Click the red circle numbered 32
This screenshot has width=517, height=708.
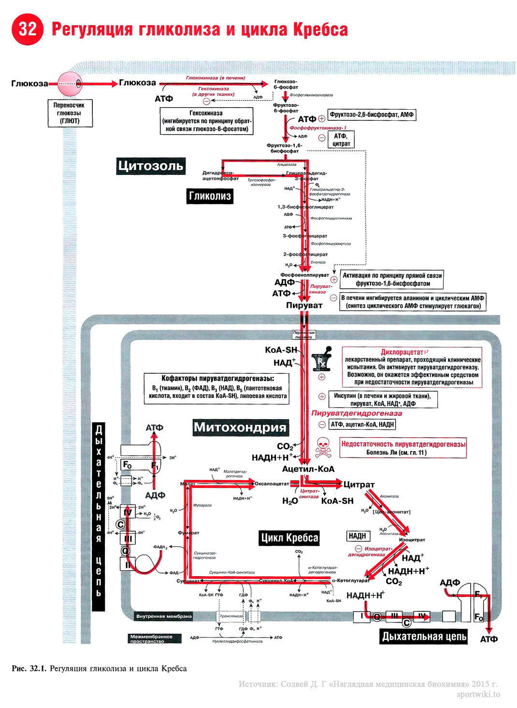pyautogui.click(x=28, y=29)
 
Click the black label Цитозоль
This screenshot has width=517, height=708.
pyautogui.click(x=151, y=166)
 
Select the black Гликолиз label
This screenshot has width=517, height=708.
pyautogui.click(x=210, y=196)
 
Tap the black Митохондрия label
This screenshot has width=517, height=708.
pyautogui.click(x=240, y=427)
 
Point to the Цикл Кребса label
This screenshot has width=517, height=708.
pyautogui.click(x=289, y=538)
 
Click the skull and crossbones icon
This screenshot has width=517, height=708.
pyautogui.click(x=323, y=448)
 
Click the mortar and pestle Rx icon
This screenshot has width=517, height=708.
pyautogui.click(x=321, y=359)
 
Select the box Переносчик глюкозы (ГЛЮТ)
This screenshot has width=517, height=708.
pyautogui.click(x=70, y=113)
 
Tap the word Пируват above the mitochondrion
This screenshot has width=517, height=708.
pyautogui.click(x=304, y=305)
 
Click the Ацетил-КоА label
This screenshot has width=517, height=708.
pyautogui.click(x=308, y=469)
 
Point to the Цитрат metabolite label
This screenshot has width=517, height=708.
pyautogui.click(x=359, y=484)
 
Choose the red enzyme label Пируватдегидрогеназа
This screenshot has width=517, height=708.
pyautogui.click(x=357, y=413)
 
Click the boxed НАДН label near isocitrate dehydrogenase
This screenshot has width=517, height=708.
pyautogui.click(x=358, y=536)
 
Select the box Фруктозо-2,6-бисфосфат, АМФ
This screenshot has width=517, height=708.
pyautogui.click(x=372, y=115)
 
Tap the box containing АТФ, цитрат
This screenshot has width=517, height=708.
pyautogui.click(x=341, y=140)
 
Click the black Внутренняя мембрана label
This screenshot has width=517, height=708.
pyautogui.click(x=164, y=616)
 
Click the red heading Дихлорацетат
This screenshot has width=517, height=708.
pyautogui.click(x=402, y=352)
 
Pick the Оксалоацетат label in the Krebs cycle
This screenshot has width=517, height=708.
pyautogui.click(x=272, y=483)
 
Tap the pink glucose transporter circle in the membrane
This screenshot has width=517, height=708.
pyautogui.click(x=70, y=84)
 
